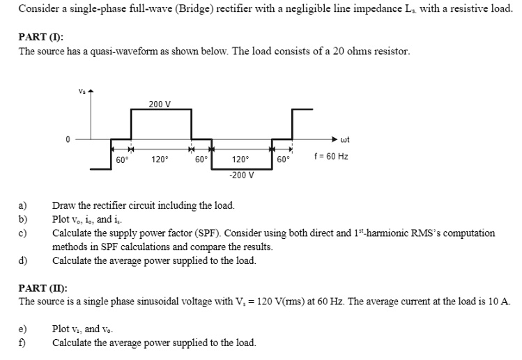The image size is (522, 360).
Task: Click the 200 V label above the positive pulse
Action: (x=160, y=104)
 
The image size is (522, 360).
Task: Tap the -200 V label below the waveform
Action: (x=241, y=175)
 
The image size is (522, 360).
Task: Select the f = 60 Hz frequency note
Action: (x=332, y=157)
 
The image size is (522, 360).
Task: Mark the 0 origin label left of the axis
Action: (x=68, y=139)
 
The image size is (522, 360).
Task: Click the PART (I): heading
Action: (x=41, y=38)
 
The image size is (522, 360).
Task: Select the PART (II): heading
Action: (x=43, y=287)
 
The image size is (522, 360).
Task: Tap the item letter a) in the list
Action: (x=22, y=206)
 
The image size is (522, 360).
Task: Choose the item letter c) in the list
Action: (x=22, y=233)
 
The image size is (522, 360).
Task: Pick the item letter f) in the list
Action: (x=22, y=343)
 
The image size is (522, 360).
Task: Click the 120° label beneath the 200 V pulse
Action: (x=160, y=159)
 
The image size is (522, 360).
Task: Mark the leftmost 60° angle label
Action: (x=121, y=159)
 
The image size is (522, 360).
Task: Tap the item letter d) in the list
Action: (x=22, y=260)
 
